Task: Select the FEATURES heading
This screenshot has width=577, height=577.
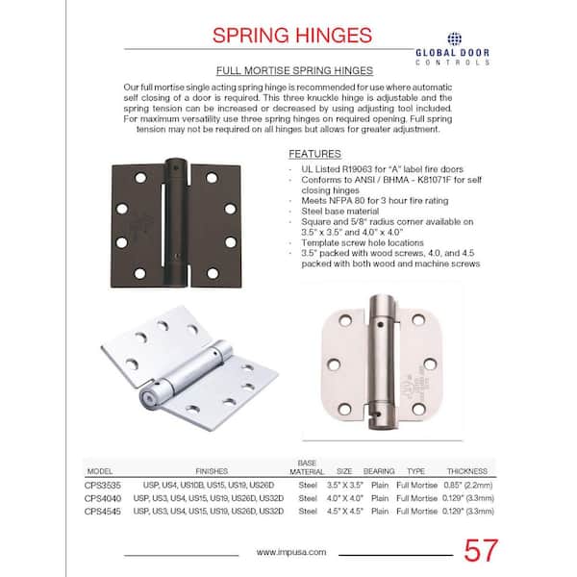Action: pyautogui.click(x=315, y=154)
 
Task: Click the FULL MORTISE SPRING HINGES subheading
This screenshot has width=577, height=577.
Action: pyautogui.click(x=288, y=71)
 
